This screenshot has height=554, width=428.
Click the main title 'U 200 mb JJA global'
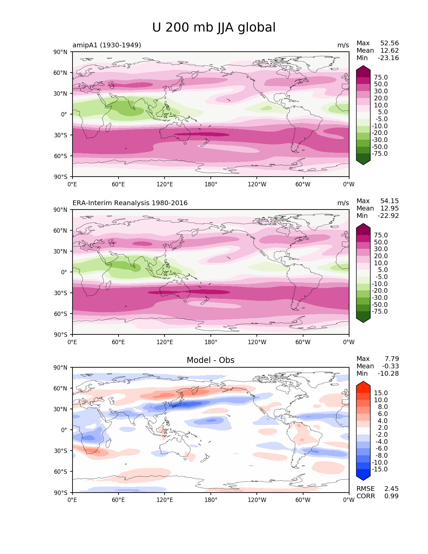214,28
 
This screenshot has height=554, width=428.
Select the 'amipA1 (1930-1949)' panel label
107,45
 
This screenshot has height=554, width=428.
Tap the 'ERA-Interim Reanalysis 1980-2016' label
130,203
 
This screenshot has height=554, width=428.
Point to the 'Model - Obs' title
210,360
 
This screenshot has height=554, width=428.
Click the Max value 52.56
389,43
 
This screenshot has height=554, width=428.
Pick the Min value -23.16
388,58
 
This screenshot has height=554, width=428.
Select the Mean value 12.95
389,209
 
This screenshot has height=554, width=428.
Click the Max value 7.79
392,359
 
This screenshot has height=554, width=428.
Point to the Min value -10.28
388,374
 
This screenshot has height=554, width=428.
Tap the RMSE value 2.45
391,489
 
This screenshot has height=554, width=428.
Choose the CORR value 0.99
391,496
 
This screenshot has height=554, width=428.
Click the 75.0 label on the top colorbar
381,78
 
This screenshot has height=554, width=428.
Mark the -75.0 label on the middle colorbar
380,312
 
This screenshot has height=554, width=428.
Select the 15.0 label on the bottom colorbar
381,393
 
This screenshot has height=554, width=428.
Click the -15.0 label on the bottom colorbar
380,469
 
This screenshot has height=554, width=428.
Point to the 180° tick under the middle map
211,342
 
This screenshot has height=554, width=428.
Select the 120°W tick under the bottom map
257,500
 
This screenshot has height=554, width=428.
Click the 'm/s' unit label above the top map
343,45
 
